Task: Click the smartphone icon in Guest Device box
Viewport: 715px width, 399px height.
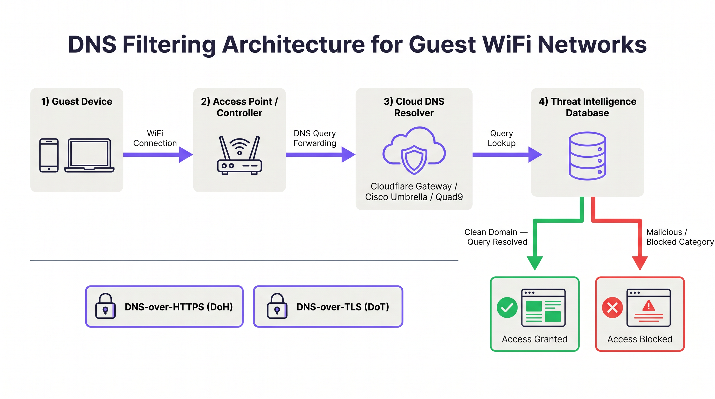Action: tap(49, 155)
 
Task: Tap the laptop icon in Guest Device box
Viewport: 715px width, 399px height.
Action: tap(89, 155)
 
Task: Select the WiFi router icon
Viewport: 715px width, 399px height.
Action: tap(239, 155)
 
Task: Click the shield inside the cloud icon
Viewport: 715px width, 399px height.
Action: tap(414, 159)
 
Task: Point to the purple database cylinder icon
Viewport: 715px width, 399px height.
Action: tap(587, 156)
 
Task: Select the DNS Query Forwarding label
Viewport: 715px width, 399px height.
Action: tap(314, 138)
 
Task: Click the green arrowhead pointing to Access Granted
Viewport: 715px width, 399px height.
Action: tap(535, 262)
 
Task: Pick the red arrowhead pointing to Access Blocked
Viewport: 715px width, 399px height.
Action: tap(640, 262)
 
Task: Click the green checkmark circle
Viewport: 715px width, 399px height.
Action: tap(507, 308)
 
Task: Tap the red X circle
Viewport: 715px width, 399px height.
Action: tap(612, 308)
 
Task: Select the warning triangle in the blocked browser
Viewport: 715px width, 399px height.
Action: tap(649, 306)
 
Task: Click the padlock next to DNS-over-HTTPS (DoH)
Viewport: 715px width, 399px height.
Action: tap(105, 306)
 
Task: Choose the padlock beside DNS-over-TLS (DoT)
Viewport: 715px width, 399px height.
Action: tap(277, 306)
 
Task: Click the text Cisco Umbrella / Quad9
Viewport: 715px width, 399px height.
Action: tap(414, 197)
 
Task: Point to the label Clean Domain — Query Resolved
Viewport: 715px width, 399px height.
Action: tap(496, 237)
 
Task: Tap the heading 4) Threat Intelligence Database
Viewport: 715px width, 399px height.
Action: tap(587, 107)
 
